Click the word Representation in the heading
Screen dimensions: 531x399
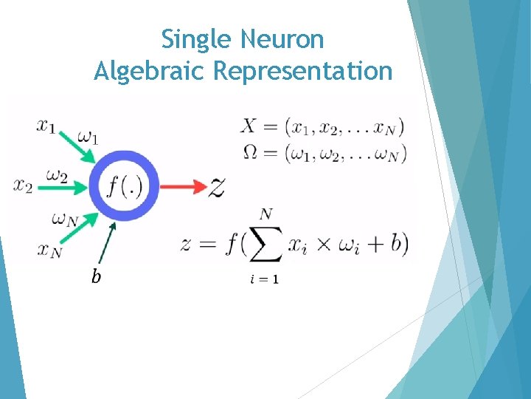pyautogui.click(x=302, y=71)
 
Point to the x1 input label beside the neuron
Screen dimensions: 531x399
pyautogui.click(x=46, y=126)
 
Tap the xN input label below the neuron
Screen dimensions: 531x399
pyautogui.click(x=49, y=251)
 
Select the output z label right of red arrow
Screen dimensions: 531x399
pyautogui.click(x=216, y=188)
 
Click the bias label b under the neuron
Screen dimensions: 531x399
pyautogui.click(x=96, y=277)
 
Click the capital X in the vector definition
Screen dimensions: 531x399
pyautogui.click(x=249, y=126)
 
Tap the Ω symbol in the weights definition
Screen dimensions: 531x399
pyautogui.click(x=249, y=154)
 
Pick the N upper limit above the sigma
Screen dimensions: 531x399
pyautogui.click(x=265, y=214)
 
